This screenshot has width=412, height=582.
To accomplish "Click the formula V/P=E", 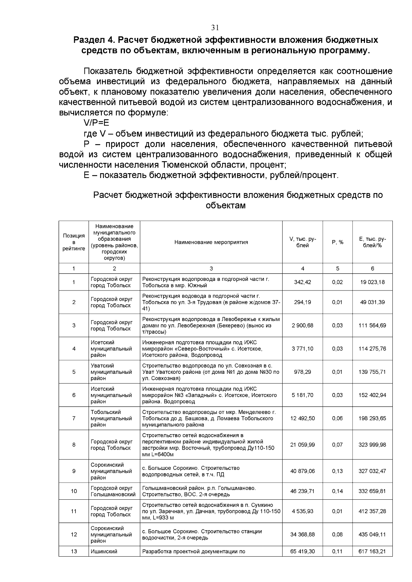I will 96,123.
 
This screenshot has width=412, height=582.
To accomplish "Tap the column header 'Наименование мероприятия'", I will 211,242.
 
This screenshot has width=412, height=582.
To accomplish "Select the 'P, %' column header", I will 337,242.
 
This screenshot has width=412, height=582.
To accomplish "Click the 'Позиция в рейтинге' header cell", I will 73,242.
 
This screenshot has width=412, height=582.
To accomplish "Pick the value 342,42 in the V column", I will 302,282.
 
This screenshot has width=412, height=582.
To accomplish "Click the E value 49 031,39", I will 372,302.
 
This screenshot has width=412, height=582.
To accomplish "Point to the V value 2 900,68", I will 302,325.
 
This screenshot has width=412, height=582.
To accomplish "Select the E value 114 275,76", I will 372,349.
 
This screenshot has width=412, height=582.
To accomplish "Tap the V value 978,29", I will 302,372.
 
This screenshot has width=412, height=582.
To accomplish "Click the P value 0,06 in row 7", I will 337,418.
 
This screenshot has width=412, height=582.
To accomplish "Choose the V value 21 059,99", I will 302,445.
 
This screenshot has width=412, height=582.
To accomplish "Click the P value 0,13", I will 337,471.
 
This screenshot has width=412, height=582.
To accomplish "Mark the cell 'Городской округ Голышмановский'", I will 113,491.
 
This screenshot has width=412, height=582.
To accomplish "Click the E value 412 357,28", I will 372,511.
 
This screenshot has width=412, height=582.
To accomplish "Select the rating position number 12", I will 73,535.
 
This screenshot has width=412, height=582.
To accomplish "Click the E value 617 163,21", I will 372,551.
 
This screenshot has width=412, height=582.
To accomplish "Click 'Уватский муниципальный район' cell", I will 111,372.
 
